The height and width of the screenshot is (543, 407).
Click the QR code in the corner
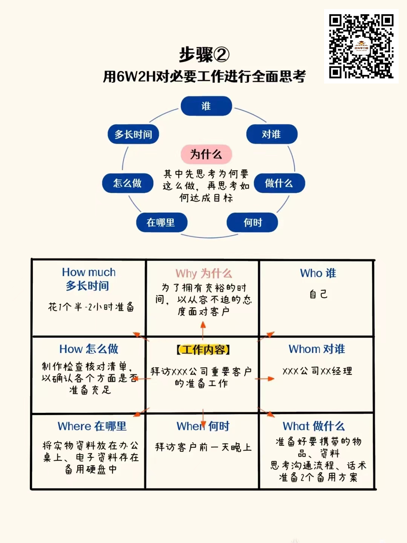(361, 46)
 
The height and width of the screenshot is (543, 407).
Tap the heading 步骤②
(204, 55)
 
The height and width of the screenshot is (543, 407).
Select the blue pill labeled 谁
(206, 106)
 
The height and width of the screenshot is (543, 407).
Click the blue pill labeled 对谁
(272, 134)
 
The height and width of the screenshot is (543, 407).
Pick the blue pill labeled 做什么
(279, 183)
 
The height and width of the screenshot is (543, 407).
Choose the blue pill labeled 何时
(252, 222)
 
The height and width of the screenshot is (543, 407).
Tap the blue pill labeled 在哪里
(161, 222)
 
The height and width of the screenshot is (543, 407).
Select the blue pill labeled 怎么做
(127, 183)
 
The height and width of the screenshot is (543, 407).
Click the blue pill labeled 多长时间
(133, 134)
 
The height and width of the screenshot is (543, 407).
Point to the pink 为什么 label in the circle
(206, 154)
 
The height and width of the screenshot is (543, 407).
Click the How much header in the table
(89, 272)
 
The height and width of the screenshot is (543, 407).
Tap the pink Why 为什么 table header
(203, 274)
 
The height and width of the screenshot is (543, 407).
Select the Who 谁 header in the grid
(318, 273)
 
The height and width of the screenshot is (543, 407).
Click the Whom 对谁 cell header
(317, 349)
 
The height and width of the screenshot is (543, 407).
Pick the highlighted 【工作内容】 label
(203, 350)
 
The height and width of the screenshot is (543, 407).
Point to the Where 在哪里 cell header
(92, 426)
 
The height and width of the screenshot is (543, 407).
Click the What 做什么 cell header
(314, 426)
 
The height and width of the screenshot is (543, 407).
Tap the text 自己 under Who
(318, 294)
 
